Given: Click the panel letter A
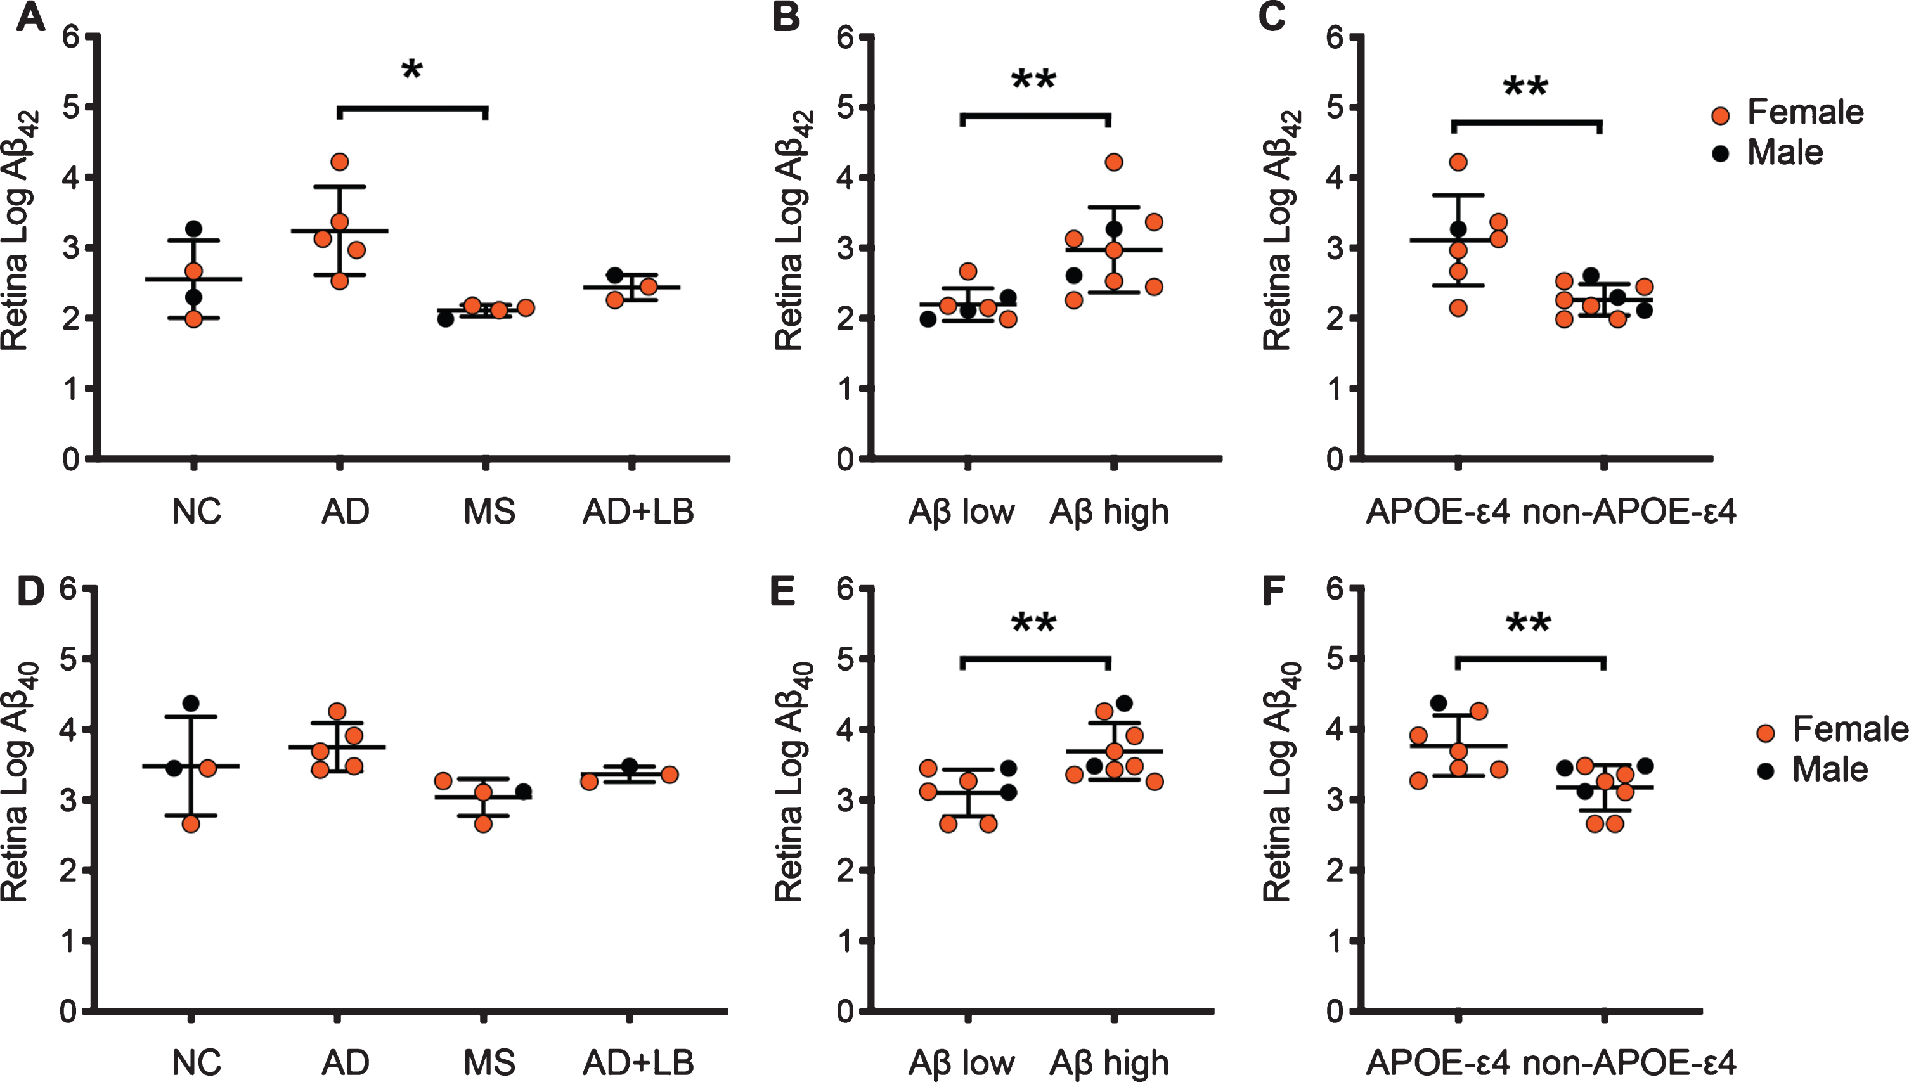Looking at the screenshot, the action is tap(30, 16).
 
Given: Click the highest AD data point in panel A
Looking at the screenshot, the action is tap(340, 162).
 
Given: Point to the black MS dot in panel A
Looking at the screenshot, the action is tap(445, 319).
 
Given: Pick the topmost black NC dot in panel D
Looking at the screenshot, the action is tap(191, 702).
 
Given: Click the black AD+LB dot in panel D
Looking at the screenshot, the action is tap(630, 766).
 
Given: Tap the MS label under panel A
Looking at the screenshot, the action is tap(489, 512).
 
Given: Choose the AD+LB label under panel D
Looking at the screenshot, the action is tap(638, 1063).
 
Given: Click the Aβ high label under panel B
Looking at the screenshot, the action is tap(1109, 513).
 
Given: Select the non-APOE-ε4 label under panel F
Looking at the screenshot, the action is tap(1629, 1063).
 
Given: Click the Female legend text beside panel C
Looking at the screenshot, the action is tap(1805, 112).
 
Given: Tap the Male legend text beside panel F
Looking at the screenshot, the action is tap(1830, 769).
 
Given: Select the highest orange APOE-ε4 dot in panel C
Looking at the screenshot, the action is tap(1458, 162).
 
